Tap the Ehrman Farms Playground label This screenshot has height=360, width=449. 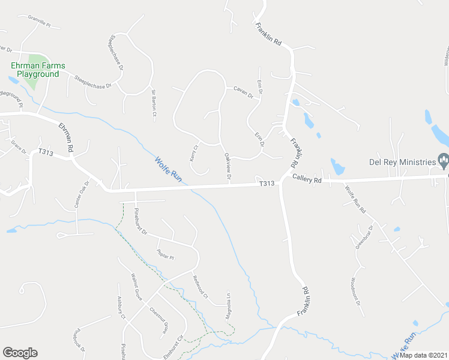pyautogui.click(x=37, y=70)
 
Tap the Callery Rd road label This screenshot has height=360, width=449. pyautogui.click(x=307, y=179)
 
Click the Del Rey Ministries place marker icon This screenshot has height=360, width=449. pyautogui.click(x=444, y=160)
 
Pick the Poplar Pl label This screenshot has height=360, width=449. pyautogui.click(x=164, y=254)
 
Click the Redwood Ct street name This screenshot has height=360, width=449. pyautogui.click(x=200, y=286)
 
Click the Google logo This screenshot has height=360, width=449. pyautogui.click(x=20, y=353)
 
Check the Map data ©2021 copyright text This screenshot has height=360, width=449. pyautogui.click(x=422, y=355)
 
